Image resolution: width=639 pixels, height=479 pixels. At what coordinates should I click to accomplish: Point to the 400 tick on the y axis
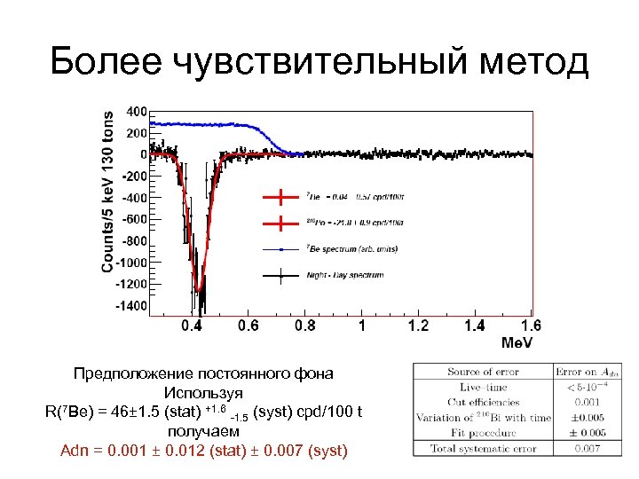[137, 113]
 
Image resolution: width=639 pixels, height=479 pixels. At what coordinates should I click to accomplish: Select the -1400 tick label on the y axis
[130, 305]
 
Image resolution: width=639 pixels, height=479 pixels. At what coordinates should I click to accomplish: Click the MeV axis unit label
[517, 342]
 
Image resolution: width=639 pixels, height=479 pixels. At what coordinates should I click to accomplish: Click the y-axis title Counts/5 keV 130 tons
[107, 192]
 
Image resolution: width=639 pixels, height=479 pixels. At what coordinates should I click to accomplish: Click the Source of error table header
[483, 372]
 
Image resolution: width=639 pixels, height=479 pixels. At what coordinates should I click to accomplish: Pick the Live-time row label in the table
[482, 388]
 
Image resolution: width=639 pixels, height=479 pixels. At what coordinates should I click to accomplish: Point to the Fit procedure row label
[482, 433]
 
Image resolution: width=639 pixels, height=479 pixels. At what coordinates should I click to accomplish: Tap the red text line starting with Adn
[203, 452]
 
